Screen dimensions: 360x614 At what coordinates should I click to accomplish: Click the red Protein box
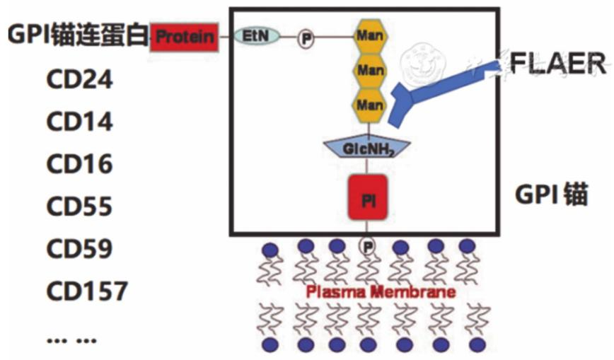[184, 36]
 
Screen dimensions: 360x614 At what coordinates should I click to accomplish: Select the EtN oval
[255, 35]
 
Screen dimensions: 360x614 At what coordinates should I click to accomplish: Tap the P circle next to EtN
[306, 37]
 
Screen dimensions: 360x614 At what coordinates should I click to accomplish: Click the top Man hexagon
[370, 35]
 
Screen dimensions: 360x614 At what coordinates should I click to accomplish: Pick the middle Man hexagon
[370, 70]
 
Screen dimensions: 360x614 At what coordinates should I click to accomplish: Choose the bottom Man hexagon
[370, 105]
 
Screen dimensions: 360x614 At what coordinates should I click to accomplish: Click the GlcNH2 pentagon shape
[368, 147]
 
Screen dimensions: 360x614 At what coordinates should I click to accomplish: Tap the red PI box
[367, 199]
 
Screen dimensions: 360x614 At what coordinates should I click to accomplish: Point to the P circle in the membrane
[367, 246]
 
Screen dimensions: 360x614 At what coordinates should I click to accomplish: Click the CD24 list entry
[79, 80]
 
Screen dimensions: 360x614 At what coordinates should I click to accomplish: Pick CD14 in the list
[79, 122]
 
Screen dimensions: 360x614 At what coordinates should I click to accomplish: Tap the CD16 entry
[79, 164]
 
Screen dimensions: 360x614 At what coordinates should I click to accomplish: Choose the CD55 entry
[79, 207]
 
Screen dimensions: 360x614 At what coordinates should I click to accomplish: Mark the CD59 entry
[79, 249]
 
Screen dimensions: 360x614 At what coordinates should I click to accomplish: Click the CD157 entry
[87, 291]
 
